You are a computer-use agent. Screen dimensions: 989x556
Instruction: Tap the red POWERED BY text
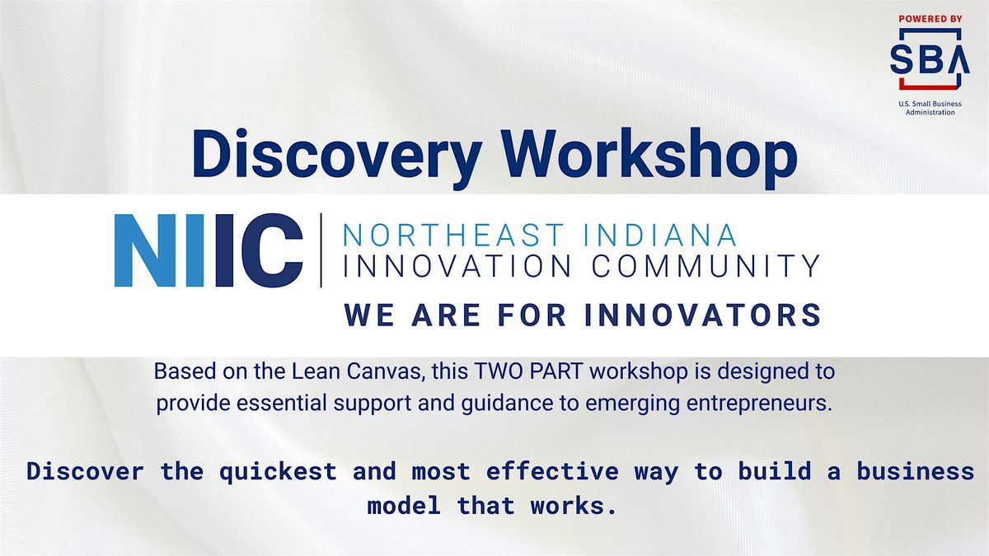click(x=930, y=19)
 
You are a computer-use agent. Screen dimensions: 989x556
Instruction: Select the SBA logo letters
click(x=930, y=59)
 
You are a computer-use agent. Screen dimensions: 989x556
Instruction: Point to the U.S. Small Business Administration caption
click(x=930, y=108)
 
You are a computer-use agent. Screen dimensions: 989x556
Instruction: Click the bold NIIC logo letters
click(x=209, y=250)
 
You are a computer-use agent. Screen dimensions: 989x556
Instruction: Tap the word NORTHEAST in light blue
click(x=454, y=236)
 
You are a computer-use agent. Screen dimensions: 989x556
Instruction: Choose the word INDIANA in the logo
click(x=660, y=236)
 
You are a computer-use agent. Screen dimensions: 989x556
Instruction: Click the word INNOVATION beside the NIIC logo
click(x=457, y=265)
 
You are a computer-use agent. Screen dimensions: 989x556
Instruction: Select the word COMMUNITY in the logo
click(x=705, y=265)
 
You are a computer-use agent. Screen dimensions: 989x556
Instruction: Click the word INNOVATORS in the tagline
click(x=702, y=315)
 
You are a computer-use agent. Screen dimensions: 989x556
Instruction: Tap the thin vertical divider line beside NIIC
click(x=321, y=250)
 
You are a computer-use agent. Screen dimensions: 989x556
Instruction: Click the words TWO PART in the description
click(x=528, y=371)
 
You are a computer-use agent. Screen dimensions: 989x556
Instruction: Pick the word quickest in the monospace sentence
click(x=279, y=471)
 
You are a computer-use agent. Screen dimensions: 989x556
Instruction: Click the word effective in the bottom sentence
click(x=552, y=471)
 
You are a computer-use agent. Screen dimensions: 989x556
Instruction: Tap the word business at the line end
click(x=916, y=471)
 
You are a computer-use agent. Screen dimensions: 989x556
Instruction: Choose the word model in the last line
click(x=404, y=506)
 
